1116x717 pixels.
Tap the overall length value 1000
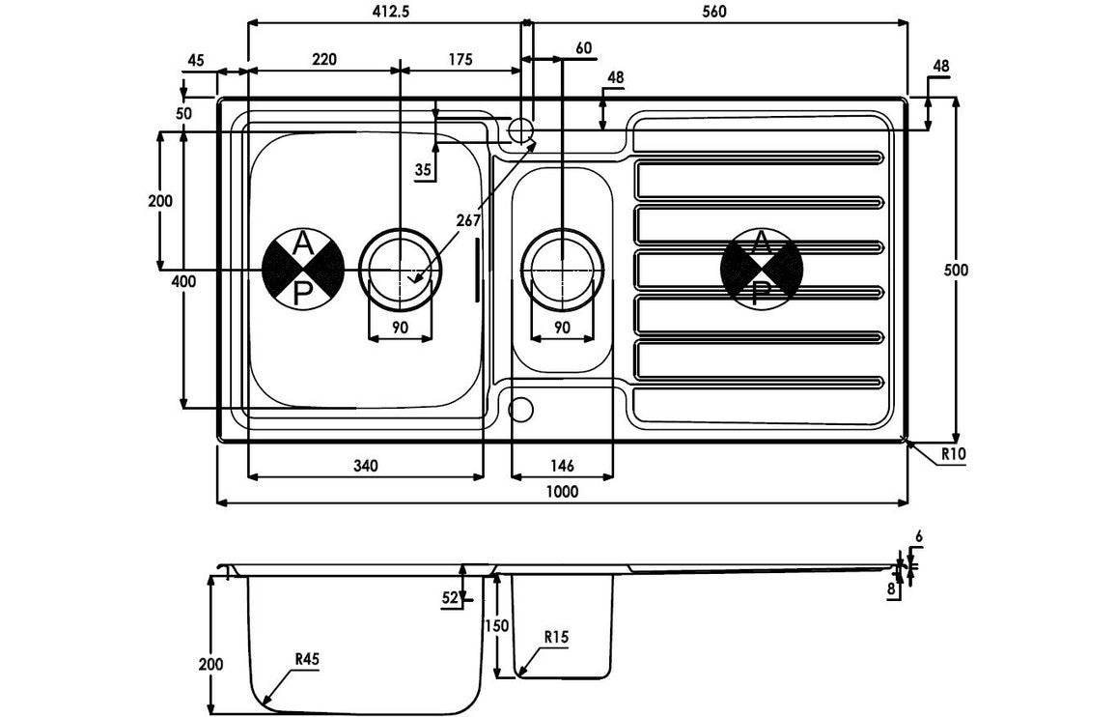(562, 491)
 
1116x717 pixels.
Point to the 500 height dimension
(956, 270)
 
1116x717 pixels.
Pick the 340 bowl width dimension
(365, 465)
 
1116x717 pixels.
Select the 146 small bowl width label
(562, 465)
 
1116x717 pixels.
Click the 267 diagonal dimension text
(468, 221)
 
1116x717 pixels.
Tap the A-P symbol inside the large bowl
(303, 269)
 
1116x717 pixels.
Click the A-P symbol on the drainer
(762, 269)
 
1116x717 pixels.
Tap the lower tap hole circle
(520, 409)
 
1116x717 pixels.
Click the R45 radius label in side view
(307, 660)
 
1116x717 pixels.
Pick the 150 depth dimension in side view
(495, 625)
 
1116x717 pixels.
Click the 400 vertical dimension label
(183, 281)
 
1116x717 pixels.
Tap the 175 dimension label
(460, 59)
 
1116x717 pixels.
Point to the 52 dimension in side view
(449, 598)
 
